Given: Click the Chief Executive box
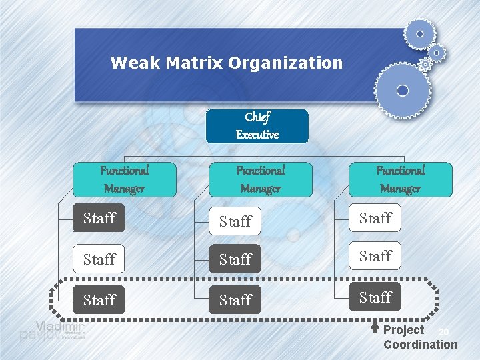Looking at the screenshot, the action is [257, 126].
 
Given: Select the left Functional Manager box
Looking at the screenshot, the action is [125, 179].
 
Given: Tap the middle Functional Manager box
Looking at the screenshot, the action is [260, 179].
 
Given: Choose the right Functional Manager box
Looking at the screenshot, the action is [400, 179].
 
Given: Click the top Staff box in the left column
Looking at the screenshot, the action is [99, 218].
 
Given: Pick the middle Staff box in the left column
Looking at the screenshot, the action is [99, 259].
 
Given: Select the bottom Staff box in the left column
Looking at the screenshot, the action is [99, 300].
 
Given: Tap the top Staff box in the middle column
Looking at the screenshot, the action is [235, 221].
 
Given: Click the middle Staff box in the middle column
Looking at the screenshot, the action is [235, 259].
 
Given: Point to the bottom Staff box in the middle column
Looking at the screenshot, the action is [235, 300].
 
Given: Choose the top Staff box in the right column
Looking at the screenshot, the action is [375, 218].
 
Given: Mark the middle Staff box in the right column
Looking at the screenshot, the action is [375, 256].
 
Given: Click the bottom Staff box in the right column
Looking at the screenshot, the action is [375, 297].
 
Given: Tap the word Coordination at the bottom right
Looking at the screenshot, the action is [420, 345].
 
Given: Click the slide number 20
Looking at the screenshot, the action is [445, 332].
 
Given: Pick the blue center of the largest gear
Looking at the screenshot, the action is [402, 90].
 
